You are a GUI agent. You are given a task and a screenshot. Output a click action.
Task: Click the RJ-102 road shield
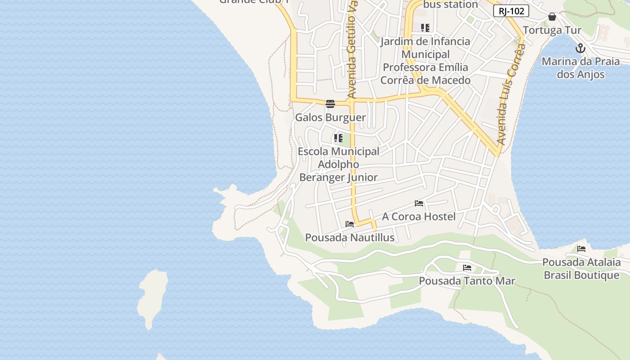point(511,11)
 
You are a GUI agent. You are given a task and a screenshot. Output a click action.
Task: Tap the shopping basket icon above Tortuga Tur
point(552,17)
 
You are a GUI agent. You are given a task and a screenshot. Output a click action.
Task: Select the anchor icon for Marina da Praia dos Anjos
point(580,48)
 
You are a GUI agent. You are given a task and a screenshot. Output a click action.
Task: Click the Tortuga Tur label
point(552,31)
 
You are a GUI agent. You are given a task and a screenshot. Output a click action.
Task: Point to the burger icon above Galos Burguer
point(330,104)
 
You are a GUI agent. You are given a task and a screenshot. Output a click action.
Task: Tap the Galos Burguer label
point(330,117)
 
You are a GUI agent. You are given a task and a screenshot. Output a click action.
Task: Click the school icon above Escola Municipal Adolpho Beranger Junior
point(338,138)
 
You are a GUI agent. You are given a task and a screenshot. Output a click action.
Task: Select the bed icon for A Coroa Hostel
point(419,203)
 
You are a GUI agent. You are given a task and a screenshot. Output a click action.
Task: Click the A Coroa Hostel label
point(419,216)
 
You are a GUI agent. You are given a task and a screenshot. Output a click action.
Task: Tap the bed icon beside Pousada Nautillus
point(350,224)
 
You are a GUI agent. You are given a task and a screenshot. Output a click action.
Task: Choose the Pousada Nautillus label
point(350,238)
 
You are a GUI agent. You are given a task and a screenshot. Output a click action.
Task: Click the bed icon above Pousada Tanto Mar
point(467,268)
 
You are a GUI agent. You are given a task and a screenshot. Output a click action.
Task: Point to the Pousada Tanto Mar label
point(467,281)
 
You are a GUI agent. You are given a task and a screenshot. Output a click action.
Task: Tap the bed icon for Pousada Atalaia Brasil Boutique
point(581,248)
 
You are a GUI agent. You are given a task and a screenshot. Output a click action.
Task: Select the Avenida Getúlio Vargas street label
point(352,49)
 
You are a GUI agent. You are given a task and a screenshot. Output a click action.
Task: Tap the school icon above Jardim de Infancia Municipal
point(425,28)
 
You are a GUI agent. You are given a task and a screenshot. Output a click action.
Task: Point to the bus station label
point(451,4)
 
